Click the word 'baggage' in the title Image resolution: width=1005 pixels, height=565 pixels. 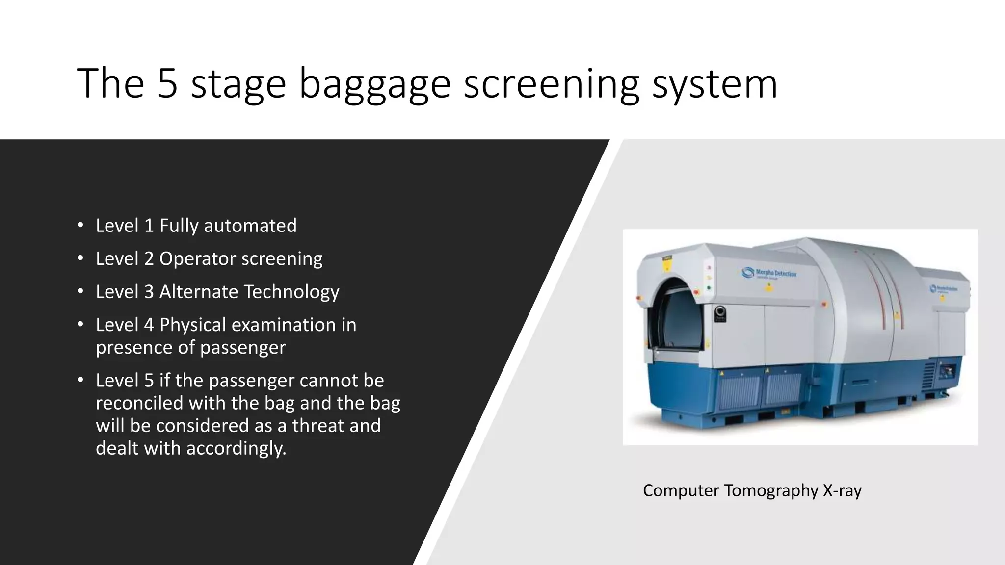click(x=374, y=84)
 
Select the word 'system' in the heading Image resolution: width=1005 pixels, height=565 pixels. click(x=714, y=84)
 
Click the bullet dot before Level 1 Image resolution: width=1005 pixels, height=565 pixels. click(x=80, y=225)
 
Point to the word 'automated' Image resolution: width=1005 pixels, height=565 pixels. click(x=250, y=226)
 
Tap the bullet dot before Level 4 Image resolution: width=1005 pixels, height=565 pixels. click(x=80, y=324)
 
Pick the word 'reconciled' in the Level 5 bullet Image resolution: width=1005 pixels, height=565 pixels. click(x=139, y=403)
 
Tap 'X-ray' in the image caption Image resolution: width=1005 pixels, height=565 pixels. click(x=842, y=490)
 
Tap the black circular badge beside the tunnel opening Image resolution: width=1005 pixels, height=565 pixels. click(x=720, y=312)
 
